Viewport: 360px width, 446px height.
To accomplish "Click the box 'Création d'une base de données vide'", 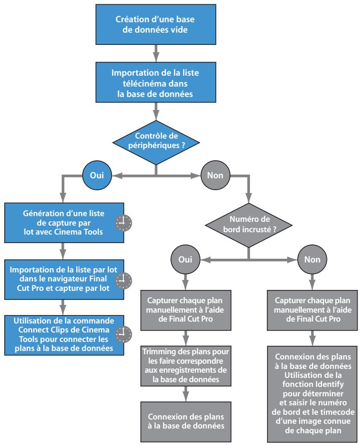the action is pyautogui.click(x=156, y=25).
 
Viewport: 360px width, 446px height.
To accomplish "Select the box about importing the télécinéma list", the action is pyautogui.click(x=156, y=82).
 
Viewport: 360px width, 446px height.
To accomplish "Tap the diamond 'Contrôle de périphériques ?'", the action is pyautogui.click(x=156, y=142).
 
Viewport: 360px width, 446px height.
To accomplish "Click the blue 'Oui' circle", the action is pyautogui.click(x=97, y=175).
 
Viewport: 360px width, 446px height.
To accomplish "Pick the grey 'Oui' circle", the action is pyautogui.click(x=185, y=259).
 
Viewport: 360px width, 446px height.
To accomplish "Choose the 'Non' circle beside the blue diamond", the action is pyautogui.click(x=215, y=175).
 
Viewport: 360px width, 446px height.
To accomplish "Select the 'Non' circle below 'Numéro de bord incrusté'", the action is pyautogui.click(x=312, y=259).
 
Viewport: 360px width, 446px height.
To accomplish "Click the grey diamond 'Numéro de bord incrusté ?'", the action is pyautogui.click(x=249, y=225).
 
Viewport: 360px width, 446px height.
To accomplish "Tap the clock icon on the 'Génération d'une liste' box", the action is pyautogui.click(x=124, y=223).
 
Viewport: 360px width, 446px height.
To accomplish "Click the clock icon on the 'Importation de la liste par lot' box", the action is pyautogui.click(x=124, y=280).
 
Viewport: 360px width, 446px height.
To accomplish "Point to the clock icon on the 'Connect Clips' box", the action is pyautogui.click(x=124, y=334).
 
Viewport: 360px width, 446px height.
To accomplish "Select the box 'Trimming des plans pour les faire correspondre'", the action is pyautogui.click(x=186, y=366).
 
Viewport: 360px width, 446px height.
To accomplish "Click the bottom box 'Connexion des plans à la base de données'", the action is pyautogui.click(x=186, y=422).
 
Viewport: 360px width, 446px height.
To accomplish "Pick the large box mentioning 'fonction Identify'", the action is pyautogui.click(x=312, y=394).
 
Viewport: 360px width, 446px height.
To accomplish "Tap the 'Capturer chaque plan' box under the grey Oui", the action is pyautogui.click(x=186, y=310).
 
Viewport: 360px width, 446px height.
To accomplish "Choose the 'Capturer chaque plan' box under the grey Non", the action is pyautogui.click(x=312, y=310).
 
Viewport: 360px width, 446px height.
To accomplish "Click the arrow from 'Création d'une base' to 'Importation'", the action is pyautogui.click(x=156, y=53).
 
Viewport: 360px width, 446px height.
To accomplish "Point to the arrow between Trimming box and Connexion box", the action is pyautogui.click(x=186, y=394).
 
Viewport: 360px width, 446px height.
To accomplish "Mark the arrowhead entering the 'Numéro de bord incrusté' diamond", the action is pyautogui.click(x=249, y=198).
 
